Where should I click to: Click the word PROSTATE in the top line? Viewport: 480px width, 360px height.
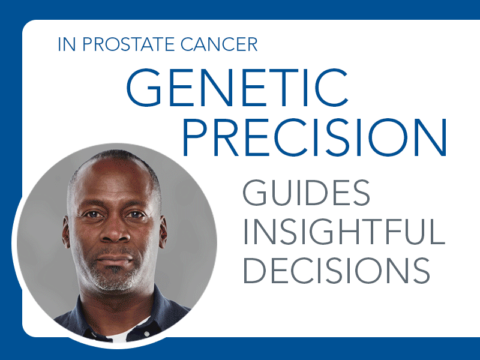click(128, 44)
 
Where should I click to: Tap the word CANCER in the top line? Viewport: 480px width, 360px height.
click(219, 44)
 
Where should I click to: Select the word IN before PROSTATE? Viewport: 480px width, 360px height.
click(67, 44)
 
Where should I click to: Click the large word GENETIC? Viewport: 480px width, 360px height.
click(237, 88)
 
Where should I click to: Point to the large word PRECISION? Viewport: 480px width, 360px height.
click(314, 137)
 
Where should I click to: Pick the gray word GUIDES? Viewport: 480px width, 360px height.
click(307, 193)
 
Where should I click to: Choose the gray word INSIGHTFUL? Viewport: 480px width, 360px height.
click(344, 232)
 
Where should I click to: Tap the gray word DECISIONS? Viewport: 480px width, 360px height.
click(337, 271)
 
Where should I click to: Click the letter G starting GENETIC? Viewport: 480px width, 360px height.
click(144, 88)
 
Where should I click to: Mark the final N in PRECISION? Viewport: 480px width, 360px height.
click(431, 137)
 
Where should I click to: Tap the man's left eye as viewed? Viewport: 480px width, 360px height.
click(93, 214)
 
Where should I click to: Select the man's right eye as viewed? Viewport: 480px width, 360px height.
click(134, 215)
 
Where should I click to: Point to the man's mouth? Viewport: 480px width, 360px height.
click(115, 259)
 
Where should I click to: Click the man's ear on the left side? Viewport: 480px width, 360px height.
click(66, 232)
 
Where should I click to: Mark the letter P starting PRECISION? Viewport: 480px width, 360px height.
click(196, 137)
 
